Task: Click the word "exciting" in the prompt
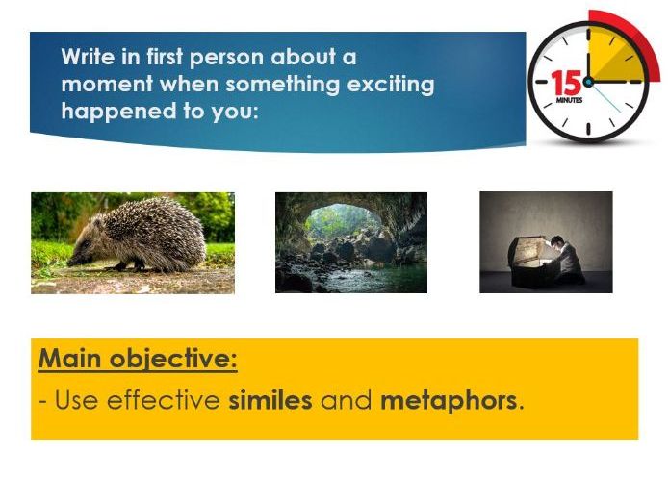point(390,85)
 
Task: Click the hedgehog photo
point(132,242)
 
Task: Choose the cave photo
point(350,242)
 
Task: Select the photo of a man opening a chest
point(545,242)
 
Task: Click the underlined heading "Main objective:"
point(138,361)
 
